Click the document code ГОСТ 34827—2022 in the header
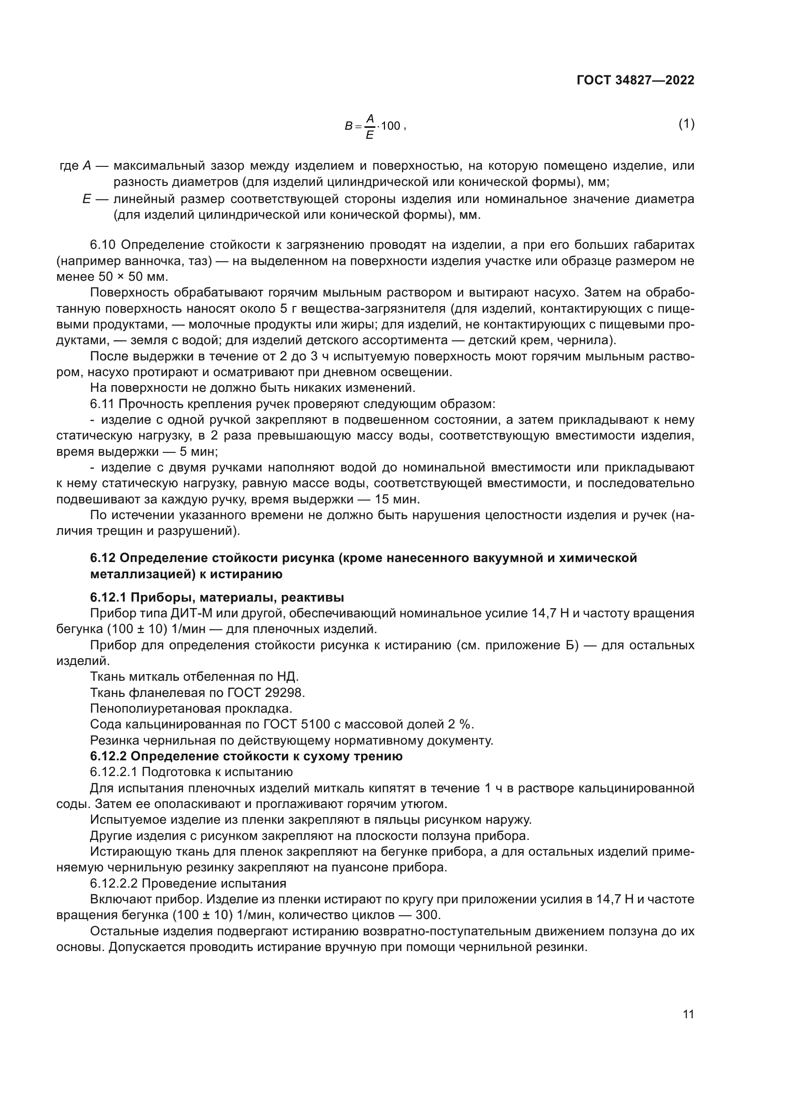pyautogui.click(x=635, y=81)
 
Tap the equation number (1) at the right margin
pyautogui.click(x=686, y=124)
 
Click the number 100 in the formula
pyautogui.click(x=390, y=126)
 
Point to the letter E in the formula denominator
pyautogui.click(x=369, y=135)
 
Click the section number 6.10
pyautogui.click(x=102, y=245)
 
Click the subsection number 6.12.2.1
pyautogui.click(x=113, y=772)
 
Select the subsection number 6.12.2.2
pyautogui.click(x=113, y=883)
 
